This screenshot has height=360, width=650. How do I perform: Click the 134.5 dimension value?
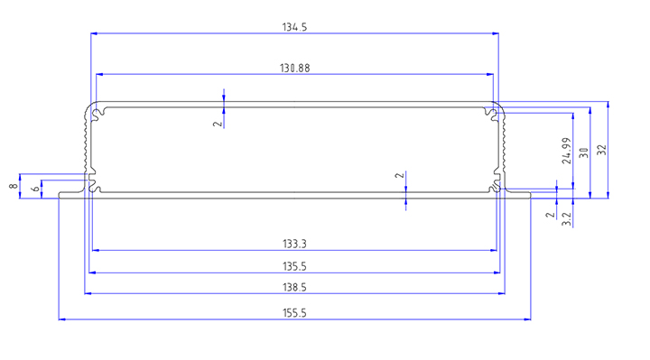coord(294,27)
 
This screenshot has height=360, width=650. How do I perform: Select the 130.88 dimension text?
coord(294,69)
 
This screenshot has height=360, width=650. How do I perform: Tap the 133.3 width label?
coord(294,244)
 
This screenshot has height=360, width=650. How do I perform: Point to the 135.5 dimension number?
coord(294,266)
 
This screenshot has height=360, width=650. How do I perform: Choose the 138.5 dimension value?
coord(294,288)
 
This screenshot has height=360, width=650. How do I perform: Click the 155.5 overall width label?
coord(294,313)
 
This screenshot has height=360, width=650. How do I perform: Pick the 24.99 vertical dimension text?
coord(567,151)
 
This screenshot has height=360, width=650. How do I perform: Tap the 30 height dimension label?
coord(584,152)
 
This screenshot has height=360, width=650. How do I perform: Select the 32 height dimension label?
coord(602,150)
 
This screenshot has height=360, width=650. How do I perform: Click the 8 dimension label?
coord(14,186)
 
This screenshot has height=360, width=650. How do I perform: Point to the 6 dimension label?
coord(36,189)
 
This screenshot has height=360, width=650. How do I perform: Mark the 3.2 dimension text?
coord(567,218)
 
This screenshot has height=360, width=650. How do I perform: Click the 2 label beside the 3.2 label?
coord(550,215)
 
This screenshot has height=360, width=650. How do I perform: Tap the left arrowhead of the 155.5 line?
coord(61,319)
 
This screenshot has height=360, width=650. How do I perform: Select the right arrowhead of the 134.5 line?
coord(495,33)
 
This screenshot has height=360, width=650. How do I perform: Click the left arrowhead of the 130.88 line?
coord(99,75)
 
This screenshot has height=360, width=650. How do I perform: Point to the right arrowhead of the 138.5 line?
coord(502,293)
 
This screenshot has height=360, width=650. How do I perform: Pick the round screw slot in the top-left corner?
coord(97,113)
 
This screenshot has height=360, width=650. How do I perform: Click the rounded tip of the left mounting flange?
coord(60,195)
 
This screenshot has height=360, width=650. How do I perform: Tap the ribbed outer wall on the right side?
coord(503,141)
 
